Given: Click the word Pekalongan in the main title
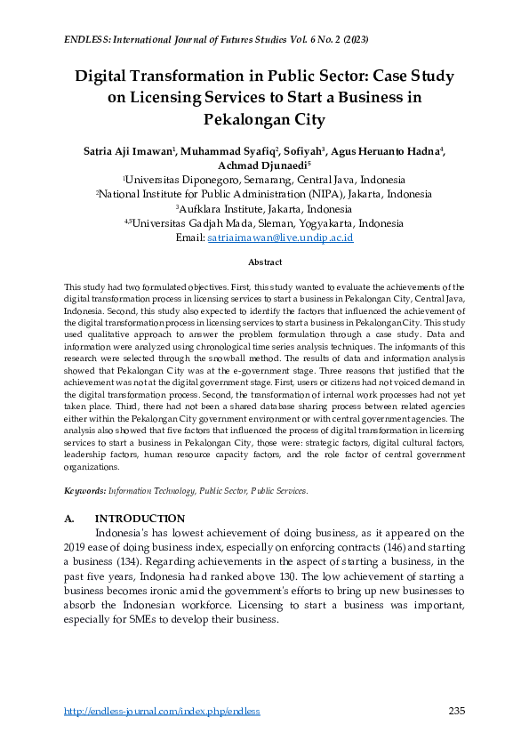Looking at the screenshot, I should (x=264, y=119).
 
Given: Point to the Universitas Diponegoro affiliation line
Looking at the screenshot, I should (x=264, y=179).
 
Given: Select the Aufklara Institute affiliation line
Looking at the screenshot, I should (x=264, y=208).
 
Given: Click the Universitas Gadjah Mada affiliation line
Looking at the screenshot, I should (x=264, y=223).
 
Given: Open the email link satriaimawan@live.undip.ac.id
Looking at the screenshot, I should (x=280, y=238).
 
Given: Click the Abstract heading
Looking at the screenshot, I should (x=264, y=262).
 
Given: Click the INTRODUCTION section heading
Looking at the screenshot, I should (x=140, y=519).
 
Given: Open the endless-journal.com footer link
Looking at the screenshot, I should (x=162, y=712).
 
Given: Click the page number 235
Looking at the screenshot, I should (x=456, y=712).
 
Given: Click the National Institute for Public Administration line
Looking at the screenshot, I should (x=264, y=194).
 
